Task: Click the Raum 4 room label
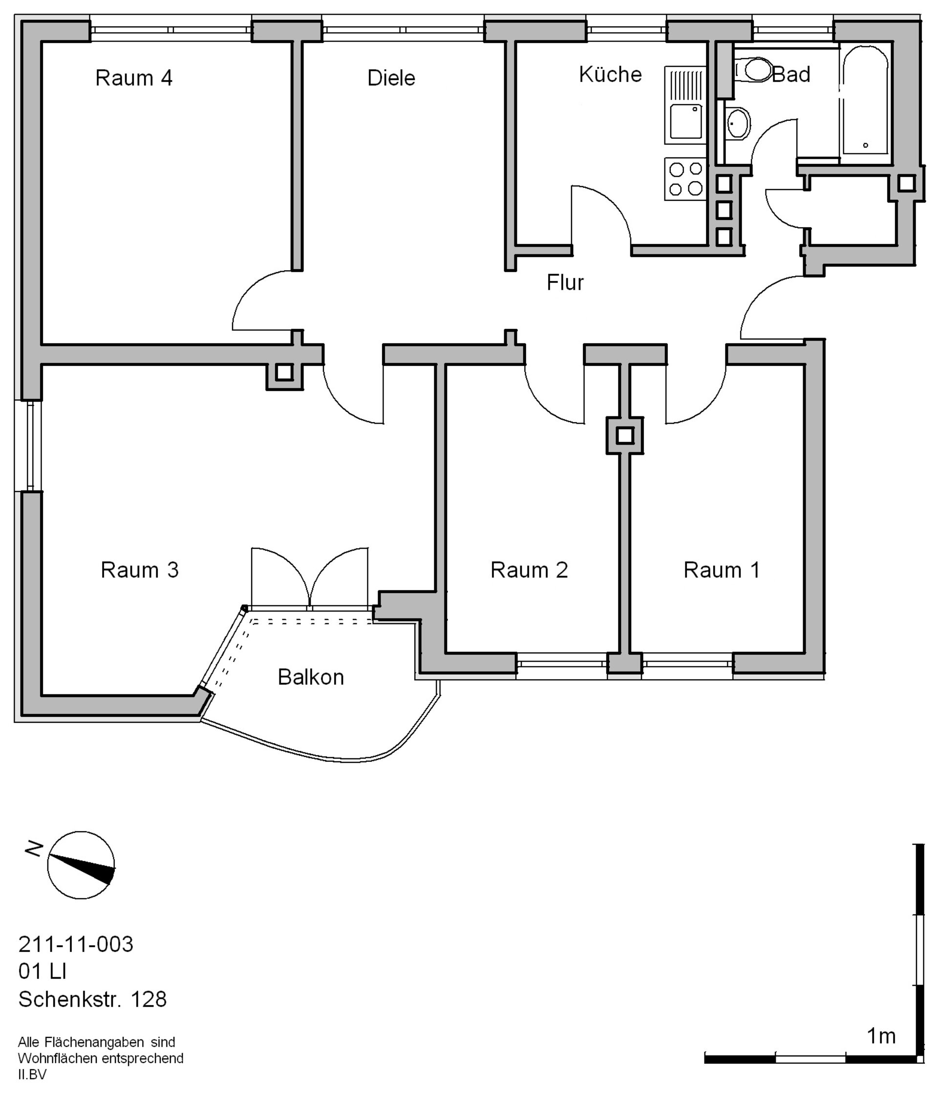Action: click(x=134, y=78)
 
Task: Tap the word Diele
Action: click(x=391, y=78)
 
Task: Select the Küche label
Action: click(x=610, y=74)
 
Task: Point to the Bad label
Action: click(x=791, y=75)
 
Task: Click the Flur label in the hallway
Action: click(x=565, y=282)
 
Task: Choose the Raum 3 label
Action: click(x=140, y=570)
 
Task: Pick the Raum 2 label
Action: click(x=529, y=570)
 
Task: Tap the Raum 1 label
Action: click(x=722, y=570)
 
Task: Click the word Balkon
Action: click(x=311, y=677)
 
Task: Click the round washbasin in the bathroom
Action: click(x=738, y=123)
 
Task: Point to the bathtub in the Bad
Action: click(x=865, y=100)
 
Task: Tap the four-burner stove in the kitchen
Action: click(x=685, y=179)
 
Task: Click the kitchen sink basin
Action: click(x=686, y=121)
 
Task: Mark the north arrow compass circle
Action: click(x=81, y=865)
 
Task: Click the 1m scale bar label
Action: click(x=881, y=1036)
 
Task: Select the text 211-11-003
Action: click(x=76, y=944)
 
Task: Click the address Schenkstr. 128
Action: click(x=92, y=999)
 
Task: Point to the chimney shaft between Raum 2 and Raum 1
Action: click(x=625, y=436)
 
